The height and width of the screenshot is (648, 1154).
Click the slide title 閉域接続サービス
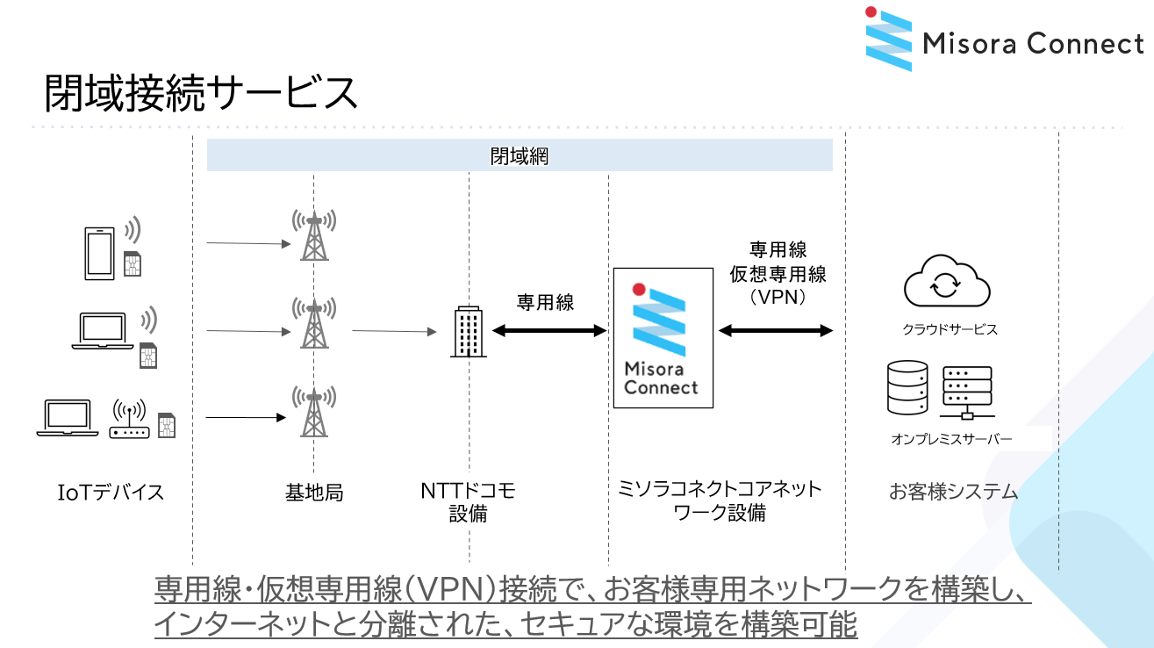201,94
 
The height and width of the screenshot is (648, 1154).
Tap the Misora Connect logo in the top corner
1004,40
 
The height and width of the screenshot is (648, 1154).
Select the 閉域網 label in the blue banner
519,156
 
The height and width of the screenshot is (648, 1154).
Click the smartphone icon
99,254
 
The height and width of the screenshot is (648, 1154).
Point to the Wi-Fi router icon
129,421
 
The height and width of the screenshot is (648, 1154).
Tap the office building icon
469,332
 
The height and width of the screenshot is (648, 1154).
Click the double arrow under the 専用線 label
549,331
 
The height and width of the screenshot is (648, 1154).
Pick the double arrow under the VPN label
776,331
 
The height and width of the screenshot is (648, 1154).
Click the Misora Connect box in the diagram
663,338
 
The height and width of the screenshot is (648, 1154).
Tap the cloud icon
947,283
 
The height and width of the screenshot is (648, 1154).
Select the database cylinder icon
907,388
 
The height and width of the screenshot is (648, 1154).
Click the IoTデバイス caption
111,492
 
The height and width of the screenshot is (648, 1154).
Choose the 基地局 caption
314,493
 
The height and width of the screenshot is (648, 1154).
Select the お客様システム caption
953,492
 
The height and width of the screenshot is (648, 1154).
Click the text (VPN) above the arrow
778,297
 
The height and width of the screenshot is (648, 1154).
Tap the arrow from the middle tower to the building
394,331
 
